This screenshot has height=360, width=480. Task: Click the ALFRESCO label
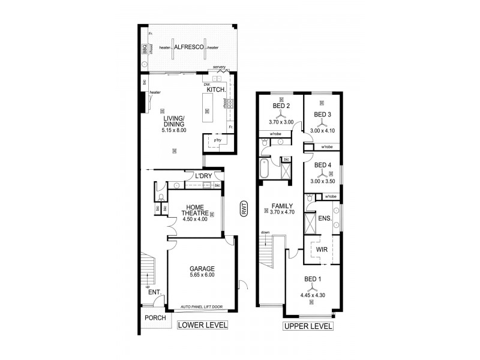click(188, 46)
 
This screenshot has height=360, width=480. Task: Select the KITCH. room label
click(215, 89)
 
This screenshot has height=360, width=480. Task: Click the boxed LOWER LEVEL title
click(202, 326)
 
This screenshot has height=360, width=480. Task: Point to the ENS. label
click(326, 218)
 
